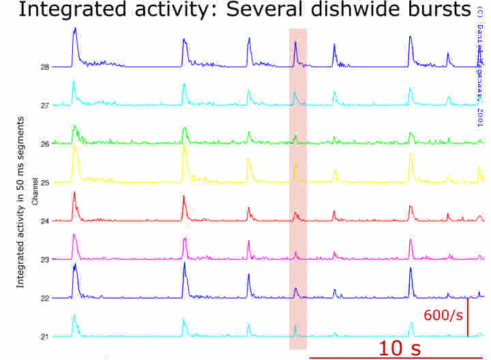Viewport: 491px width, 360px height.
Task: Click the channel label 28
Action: point(44,67)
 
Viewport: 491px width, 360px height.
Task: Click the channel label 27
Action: point(44,106)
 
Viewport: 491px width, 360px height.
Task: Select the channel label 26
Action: point(44,144)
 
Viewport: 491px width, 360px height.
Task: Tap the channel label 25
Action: point(44,183)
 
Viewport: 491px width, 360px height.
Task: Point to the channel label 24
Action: point(44,221)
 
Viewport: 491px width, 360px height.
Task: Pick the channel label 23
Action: point(44,260)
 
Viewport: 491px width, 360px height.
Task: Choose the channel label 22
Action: point(44,298)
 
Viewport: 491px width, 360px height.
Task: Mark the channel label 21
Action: point(44,337)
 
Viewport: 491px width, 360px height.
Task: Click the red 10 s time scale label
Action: point(400,348)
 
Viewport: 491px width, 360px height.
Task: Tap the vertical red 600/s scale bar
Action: point(468,317)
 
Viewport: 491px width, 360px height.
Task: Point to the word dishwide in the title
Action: point(330,10)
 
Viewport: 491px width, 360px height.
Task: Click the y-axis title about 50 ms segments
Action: point(20,201)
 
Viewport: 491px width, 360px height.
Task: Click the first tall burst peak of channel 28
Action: point(75,29)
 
